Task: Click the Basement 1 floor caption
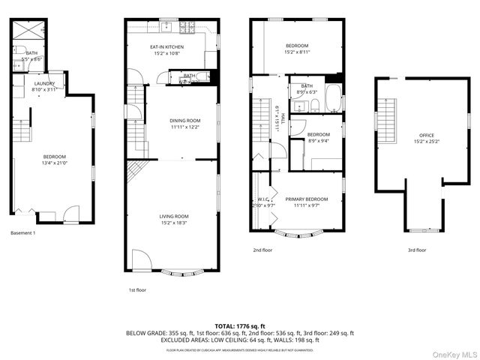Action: [23, 232]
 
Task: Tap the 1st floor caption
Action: [138, 289]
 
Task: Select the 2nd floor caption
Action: [262, 250]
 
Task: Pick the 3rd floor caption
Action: [416, 250]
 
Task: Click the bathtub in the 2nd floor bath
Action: [333, 98]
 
